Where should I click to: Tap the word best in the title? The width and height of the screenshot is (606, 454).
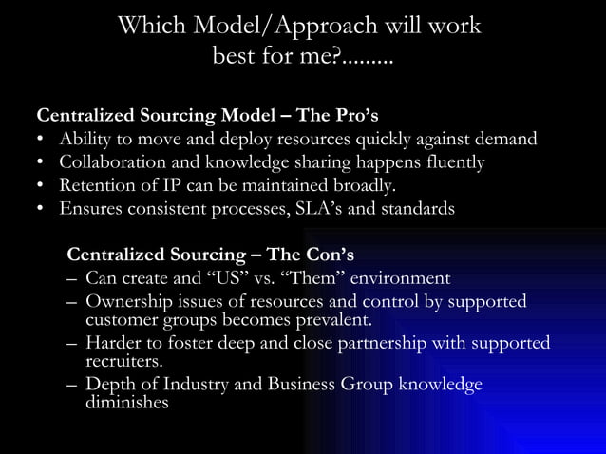[238, 58]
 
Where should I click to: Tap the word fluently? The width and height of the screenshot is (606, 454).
[448, 162]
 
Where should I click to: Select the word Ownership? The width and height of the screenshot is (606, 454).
[128, 301]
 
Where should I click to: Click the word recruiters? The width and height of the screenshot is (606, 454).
[123, 361]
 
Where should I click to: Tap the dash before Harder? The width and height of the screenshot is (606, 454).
[72, 343]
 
